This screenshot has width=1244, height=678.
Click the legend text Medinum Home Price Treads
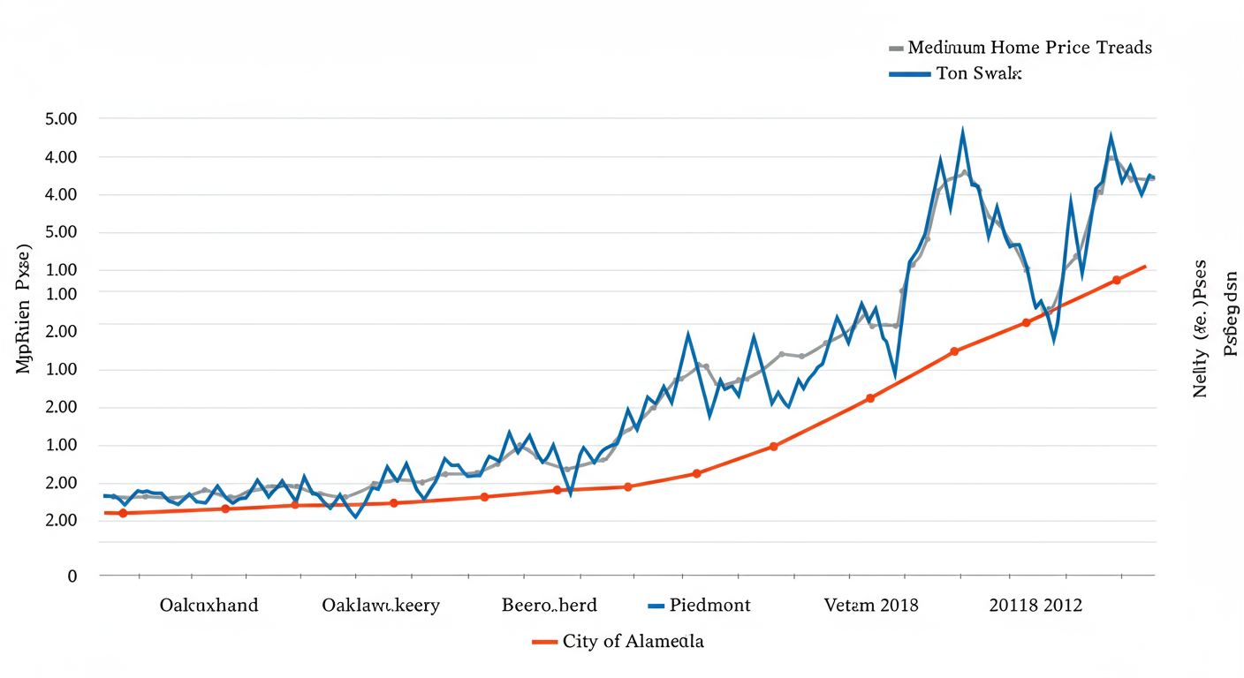[x=1029, y=48]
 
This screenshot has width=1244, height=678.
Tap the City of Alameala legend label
[x=633, y=641]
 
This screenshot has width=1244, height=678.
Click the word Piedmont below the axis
[x=709, y=605]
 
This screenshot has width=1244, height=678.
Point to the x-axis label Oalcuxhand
[x=209, y=605]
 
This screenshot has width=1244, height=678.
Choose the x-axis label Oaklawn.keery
[x=381, y=605]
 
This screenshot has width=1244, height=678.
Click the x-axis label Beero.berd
[x=550, y=605]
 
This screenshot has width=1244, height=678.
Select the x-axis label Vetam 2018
[x=870, y=605]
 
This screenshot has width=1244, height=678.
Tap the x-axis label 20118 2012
[x=1035, y=605]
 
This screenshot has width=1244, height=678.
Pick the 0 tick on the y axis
[x=72, y=576]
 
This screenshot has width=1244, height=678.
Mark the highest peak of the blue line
[x=962, y=131]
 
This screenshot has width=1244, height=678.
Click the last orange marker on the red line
[x=1117, y=280]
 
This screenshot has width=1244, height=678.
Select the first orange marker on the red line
[x=123, y=513]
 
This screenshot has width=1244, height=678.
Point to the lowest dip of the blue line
[x=355, y=516]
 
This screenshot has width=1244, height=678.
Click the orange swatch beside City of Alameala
[x=544, y=642]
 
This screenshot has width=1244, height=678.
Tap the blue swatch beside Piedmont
[x=655, y=606]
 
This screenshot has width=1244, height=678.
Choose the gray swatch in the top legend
[x=895, y=48]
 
